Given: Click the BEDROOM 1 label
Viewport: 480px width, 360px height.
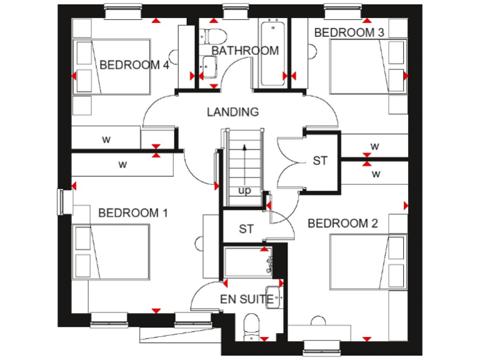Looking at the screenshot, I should [x=133, y=213].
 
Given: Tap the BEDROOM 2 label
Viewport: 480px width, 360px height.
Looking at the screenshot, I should [x=343, y=223].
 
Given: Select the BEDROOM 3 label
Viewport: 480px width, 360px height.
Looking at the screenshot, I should [x=349, y=32].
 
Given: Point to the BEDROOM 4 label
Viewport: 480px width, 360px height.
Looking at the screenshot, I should [x=134, y=64].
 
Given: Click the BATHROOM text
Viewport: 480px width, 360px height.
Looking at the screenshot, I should [x=245, y=51].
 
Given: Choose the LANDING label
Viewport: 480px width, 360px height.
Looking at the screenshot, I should [x=232, y=112].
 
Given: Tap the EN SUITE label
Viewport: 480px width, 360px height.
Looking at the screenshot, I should [x=246, y=299].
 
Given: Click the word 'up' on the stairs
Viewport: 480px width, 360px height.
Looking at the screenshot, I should [x=244, y=191].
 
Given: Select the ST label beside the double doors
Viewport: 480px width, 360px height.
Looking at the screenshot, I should [x=320, y=161].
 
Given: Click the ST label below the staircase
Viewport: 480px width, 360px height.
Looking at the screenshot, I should [x=246, y=229].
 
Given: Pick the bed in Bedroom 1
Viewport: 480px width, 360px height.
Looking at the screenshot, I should [x=112, y=253].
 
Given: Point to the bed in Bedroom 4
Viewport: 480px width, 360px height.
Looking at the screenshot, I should [x=112, y=66].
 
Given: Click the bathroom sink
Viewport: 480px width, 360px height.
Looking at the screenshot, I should [x=208, y=64].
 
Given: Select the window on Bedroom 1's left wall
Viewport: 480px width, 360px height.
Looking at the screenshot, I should [x=61, y=201].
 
